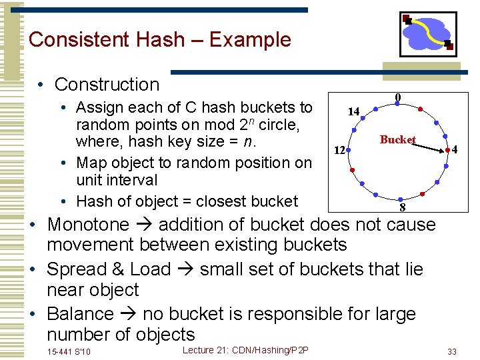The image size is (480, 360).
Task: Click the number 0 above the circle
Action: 398,97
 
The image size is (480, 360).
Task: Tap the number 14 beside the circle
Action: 353,111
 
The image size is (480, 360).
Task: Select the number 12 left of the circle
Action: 339,150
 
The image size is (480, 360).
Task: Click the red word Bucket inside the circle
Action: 397,139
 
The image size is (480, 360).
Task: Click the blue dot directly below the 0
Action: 398,107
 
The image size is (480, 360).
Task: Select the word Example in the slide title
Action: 250,39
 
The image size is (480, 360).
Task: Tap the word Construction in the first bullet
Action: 107,85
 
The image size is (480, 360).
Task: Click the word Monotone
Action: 88,225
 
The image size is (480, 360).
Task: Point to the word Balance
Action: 80,313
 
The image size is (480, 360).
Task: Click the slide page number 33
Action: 452,351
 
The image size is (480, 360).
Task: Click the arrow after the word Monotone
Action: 144,225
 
